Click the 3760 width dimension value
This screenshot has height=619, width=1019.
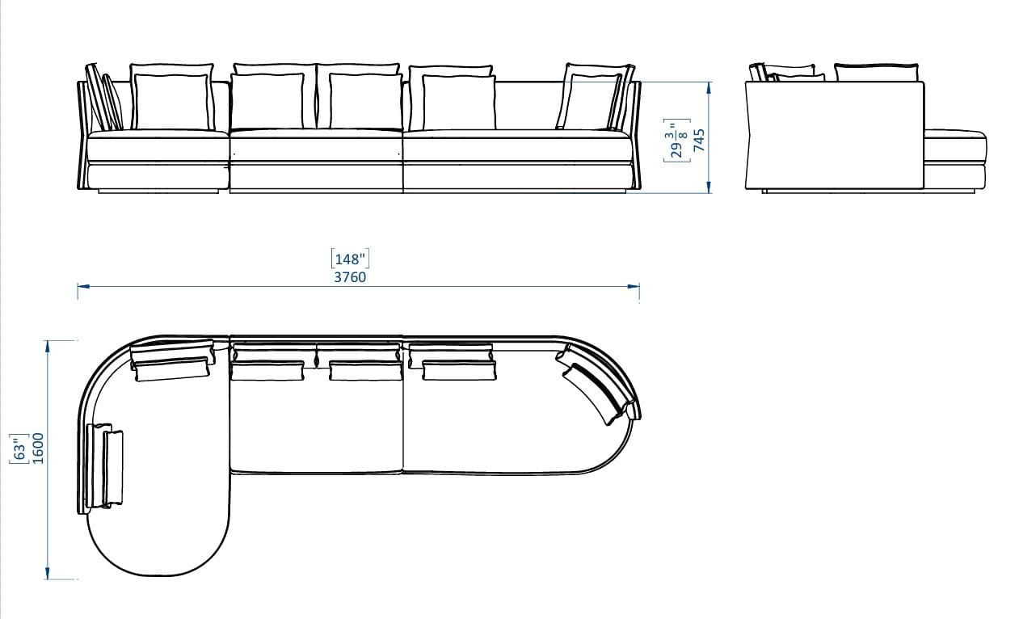coord(350,277)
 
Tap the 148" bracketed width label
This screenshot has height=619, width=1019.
coord(350,259)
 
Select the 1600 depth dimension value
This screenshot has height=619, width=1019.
coord(38,448)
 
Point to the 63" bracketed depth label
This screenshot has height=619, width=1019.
coord(19,448)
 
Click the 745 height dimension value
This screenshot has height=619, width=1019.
coord(699,140)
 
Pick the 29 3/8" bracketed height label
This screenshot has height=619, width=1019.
coord(677,140)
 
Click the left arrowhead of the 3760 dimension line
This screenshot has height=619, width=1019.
coord(84,287)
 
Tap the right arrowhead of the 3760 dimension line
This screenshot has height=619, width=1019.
coord(634,287)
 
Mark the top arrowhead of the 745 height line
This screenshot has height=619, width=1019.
coord(709,88)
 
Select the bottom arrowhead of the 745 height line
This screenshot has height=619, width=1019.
coord(709,187)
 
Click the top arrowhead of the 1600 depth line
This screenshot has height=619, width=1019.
coord(48,347)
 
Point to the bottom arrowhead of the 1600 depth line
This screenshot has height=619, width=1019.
coord(48,573)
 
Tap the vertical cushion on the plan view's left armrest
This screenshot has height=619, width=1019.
coord(105,466)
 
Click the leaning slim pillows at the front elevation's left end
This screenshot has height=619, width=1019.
coord(104,97)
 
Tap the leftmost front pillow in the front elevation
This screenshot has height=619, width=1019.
coord(172,102)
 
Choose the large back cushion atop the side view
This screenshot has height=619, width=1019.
coord(876,73)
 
